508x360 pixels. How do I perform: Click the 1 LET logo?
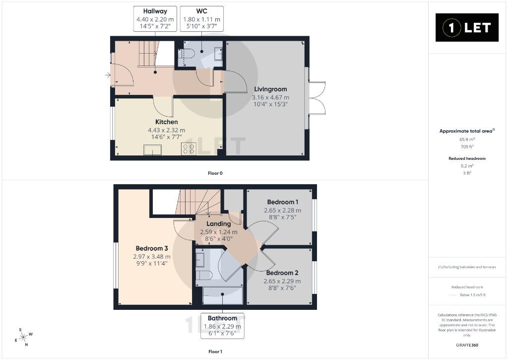[x=467, y=28]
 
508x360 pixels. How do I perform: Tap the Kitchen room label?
[x=167, y=122]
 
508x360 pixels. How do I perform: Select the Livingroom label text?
[x=270, y=89]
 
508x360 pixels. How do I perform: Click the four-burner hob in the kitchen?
[x=189, y=149]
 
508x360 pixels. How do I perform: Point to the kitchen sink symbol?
[x=153, y=150]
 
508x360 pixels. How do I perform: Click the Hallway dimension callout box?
[x=155, y=19]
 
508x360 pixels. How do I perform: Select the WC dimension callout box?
[x=201, y=19]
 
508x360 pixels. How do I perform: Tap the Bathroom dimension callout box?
[x=222, y=326]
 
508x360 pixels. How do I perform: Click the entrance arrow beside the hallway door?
[x=108, y=75]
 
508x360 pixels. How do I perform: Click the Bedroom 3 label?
[x=152, y=248]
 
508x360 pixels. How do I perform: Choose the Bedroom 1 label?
[x=282, y=202]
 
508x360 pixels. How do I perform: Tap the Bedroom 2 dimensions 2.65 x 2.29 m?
[x=282, y=281]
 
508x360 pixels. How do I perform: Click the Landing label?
[x=219, y=224]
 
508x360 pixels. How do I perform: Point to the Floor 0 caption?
[x=215, y=173]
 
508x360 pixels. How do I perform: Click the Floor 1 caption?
[x=215, y=352]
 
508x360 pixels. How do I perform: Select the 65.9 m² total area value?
[x=467, y=140]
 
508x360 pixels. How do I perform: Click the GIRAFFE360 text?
[x=467, y=345]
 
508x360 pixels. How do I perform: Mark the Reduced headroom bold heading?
[x=467, y=158]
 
